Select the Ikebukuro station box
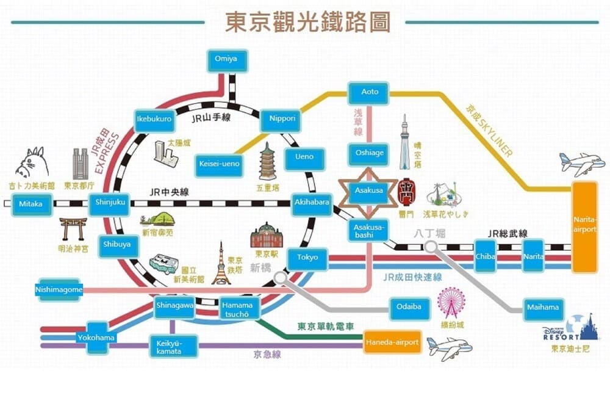154,119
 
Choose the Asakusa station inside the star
369,191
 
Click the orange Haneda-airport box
392,342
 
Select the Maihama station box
542,309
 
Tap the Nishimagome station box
59,291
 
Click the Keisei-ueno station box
220,164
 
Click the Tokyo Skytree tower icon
404,143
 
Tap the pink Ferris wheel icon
451,303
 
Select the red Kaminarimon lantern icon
406,192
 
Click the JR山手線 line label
210,118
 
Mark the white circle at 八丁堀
432,247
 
